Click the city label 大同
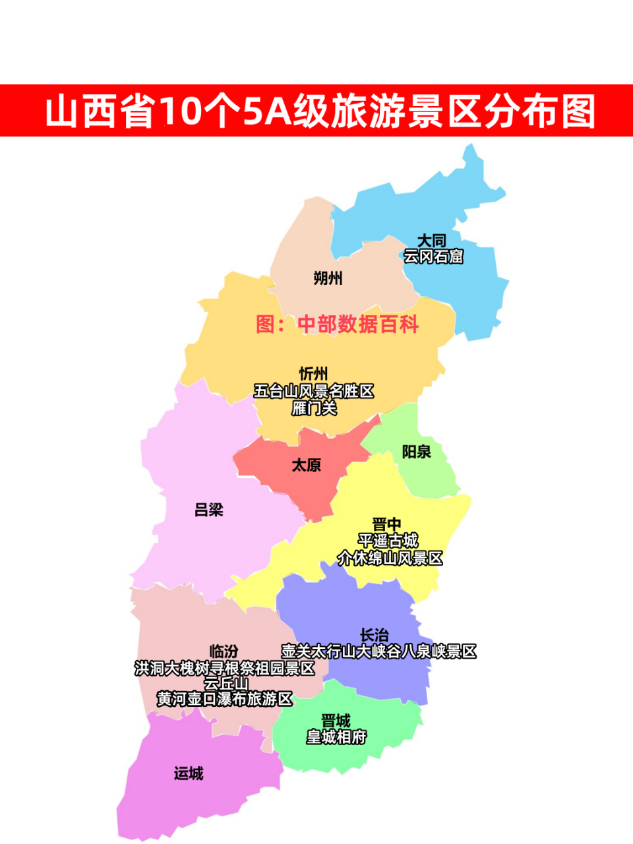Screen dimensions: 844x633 click(432, 241)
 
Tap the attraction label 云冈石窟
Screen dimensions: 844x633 click(433, 256)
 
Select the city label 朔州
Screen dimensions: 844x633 click(328, 278)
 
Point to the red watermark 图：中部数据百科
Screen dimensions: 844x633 click(337, 324)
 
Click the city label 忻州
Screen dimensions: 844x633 click(314, 374)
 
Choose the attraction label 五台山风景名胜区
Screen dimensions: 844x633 click(314, 391)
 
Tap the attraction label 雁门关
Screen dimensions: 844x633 click(314, 408)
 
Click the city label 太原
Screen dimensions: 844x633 click(307, 466)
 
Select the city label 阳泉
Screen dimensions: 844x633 click(416, 452)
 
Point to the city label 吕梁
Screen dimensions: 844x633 click(209, 510)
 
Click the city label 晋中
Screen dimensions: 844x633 click(386, 525)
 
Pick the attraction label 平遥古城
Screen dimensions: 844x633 click(388, 541)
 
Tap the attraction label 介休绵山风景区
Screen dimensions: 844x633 click(390, 558)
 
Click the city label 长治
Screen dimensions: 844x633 click(374, 636)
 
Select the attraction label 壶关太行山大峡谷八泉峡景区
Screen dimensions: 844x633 click(378, 651)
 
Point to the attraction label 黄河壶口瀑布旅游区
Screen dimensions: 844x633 click(224, 699)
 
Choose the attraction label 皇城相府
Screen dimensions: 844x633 click(336, 737)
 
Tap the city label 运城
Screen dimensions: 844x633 click(189, 773)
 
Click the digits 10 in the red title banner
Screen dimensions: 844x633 click(179, 111)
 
